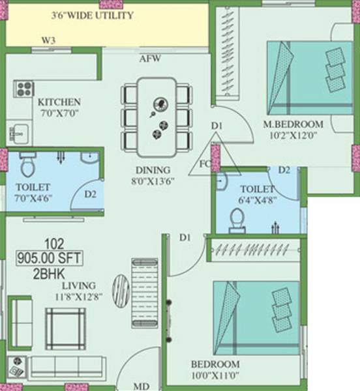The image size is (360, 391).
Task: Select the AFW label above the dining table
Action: click(149, 59)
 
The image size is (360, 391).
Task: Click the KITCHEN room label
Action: click(59, 102)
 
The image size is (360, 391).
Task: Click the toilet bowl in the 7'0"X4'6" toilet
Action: click(27, 167)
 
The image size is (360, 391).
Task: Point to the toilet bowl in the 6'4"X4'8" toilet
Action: click(235, 220)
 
